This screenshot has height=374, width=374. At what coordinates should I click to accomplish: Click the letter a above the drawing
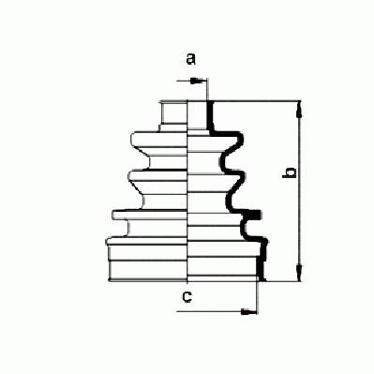coord(190,59)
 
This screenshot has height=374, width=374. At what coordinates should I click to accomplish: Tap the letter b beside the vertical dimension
coord(290,172)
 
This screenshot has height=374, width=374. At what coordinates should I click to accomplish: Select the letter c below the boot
coord(187,296)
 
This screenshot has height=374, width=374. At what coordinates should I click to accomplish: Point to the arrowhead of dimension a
coord(195,81)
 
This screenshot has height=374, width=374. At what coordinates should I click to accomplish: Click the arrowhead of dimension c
coord(248,311)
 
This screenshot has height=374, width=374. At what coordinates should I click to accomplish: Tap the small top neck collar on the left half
coord(173,114)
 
